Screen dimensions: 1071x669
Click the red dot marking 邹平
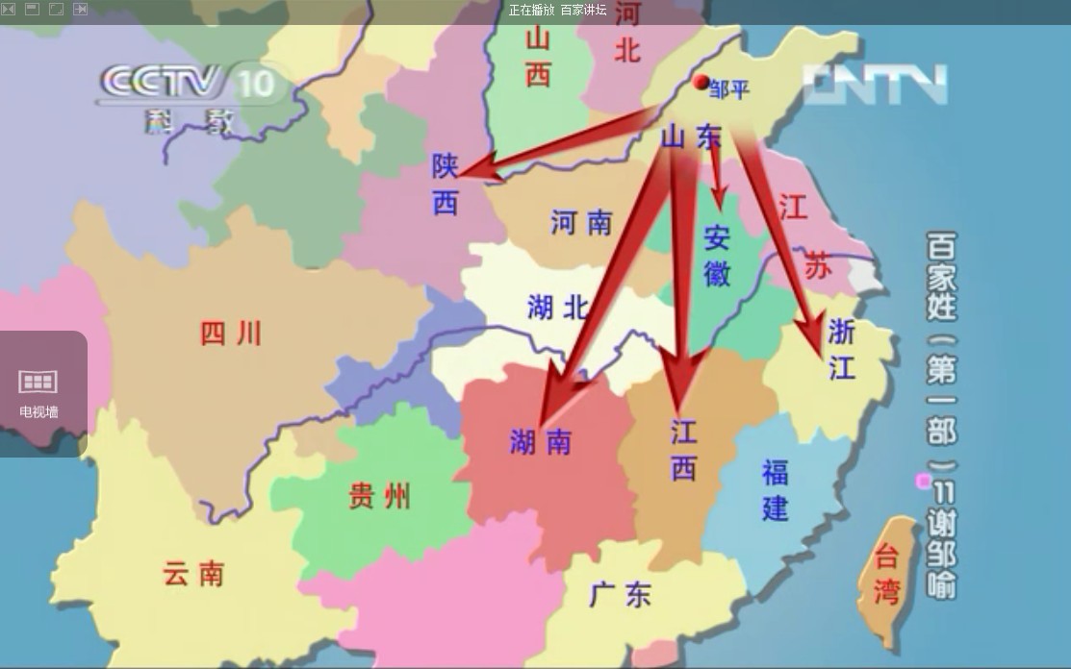click(701, 83)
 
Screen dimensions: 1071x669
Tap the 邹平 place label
click(728, 89)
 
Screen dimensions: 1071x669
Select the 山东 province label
click(690, 137)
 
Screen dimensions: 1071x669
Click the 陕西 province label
click(445, 185)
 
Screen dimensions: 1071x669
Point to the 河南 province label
click(581, 223)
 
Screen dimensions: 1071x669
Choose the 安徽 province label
click(717, 256)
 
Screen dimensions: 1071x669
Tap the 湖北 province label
click(557, 308)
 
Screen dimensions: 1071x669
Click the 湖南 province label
click(540, 441)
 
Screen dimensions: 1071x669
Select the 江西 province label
click(683, 450)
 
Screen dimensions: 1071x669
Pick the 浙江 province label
click(842, 349)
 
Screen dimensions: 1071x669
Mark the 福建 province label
click(776, 489)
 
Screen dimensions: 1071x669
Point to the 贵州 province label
click(379, 496)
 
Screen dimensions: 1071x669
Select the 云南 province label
click(193, 574)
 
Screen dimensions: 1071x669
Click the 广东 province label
click(621, 595)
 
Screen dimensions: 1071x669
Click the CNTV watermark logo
click(876, 85)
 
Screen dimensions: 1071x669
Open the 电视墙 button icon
click(38, 383)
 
